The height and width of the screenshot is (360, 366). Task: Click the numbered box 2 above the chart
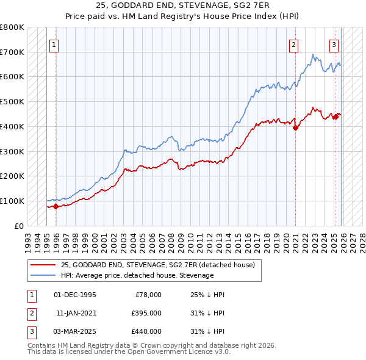pos(294,44)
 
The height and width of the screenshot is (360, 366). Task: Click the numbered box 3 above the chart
pos(334,44)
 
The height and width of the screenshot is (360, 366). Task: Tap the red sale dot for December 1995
pos(56,206)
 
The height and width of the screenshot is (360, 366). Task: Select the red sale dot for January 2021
pos(295,128)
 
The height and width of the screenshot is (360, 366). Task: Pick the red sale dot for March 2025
pos(335,117)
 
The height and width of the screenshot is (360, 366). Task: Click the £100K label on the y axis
pos(12,201)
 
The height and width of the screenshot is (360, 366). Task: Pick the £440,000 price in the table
pos(146,331)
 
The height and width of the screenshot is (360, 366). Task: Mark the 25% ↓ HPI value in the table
pos(207,295)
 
